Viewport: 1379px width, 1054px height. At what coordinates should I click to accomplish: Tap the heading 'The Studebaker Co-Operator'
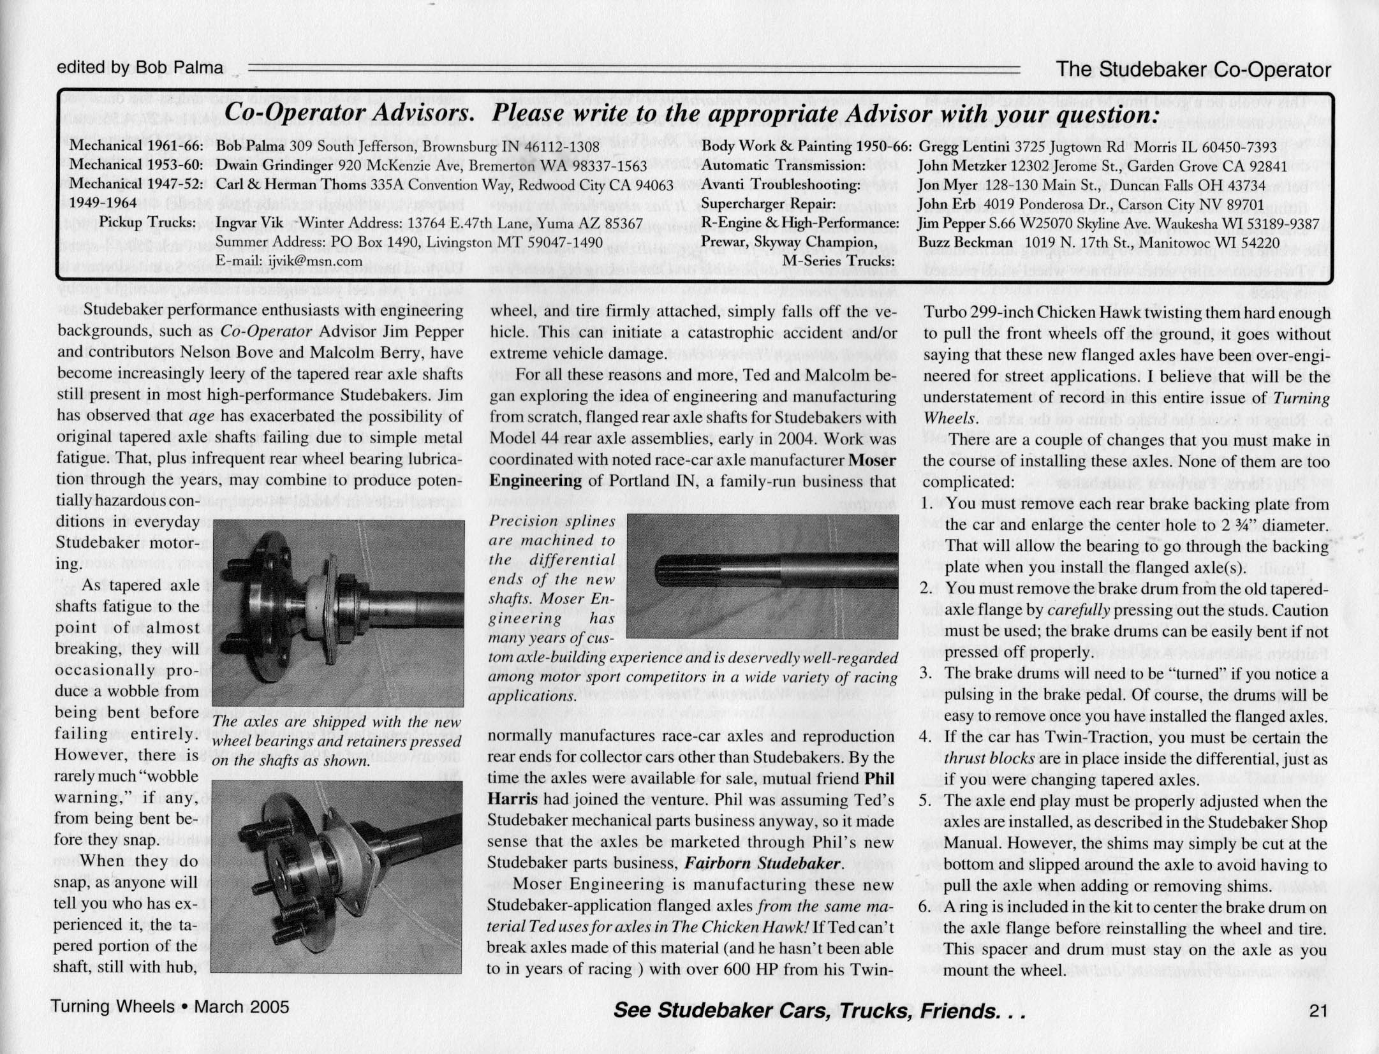(x=1193, y=70)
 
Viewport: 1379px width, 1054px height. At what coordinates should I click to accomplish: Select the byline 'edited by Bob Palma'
(x=140, y=67)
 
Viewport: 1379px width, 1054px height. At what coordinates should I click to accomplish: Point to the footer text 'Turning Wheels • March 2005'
(x=170, y=1007)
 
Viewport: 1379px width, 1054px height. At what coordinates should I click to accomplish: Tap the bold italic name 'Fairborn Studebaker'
(x=762, y=863)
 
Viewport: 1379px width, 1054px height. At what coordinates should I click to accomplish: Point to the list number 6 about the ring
(x=926, y=907)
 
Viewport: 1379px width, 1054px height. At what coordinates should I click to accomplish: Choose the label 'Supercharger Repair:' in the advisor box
(x=768, y=204)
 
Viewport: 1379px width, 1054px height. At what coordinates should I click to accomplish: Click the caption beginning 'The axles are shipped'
(x=337, y=742)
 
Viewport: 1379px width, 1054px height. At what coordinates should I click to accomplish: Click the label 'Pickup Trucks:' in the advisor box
(x=147, y=223)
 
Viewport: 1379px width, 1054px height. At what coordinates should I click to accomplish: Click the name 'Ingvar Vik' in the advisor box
(x=249, y=224)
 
